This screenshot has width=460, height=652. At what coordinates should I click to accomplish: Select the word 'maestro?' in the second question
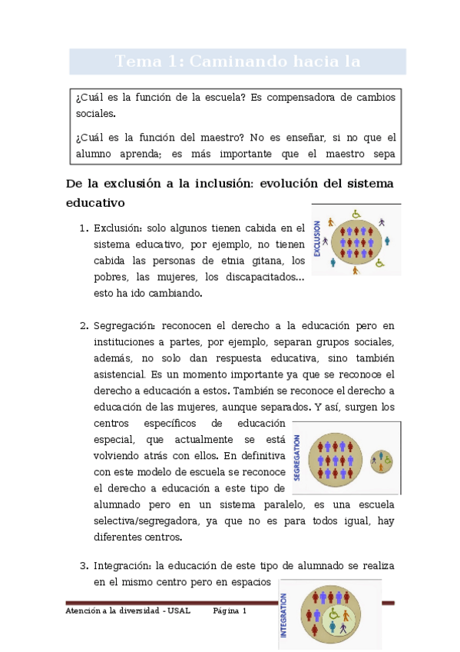[234, 138]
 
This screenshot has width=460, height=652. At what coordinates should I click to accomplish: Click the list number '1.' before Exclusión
[84, 228]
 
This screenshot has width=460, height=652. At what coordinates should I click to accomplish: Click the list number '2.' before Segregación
[84, 325]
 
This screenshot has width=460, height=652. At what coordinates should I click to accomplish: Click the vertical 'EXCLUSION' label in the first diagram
[317, 239]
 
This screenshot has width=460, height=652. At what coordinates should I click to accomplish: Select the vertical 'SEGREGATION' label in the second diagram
[297, 457]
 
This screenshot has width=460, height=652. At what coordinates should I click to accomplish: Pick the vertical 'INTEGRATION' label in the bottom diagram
[284, 615]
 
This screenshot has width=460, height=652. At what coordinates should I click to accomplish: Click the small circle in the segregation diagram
[381, 461]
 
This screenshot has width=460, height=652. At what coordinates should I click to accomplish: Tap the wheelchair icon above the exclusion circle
[356, 215]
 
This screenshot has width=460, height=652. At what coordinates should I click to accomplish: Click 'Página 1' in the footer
[230, 610]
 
